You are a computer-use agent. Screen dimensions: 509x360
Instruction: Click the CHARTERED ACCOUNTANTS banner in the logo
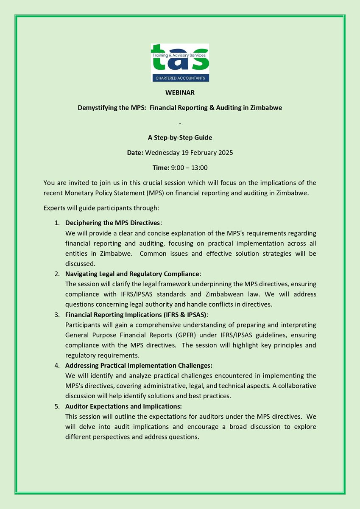click(180, 78)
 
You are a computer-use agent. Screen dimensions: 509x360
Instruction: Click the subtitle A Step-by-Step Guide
click(180, 138)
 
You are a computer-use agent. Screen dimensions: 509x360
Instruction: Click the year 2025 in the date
click(225, 153)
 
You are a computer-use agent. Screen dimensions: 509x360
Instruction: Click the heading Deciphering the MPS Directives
click(113, 223)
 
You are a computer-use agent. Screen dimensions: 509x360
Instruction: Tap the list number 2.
click(57, 274)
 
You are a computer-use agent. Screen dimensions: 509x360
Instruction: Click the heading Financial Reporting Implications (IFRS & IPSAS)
click(137, 314)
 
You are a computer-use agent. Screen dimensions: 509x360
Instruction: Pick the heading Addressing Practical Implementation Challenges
click(138, 365)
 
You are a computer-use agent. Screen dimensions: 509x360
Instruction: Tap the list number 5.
click(57, 406)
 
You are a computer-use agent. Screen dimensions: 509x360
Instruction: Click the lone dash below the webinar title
click(180, 123)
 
